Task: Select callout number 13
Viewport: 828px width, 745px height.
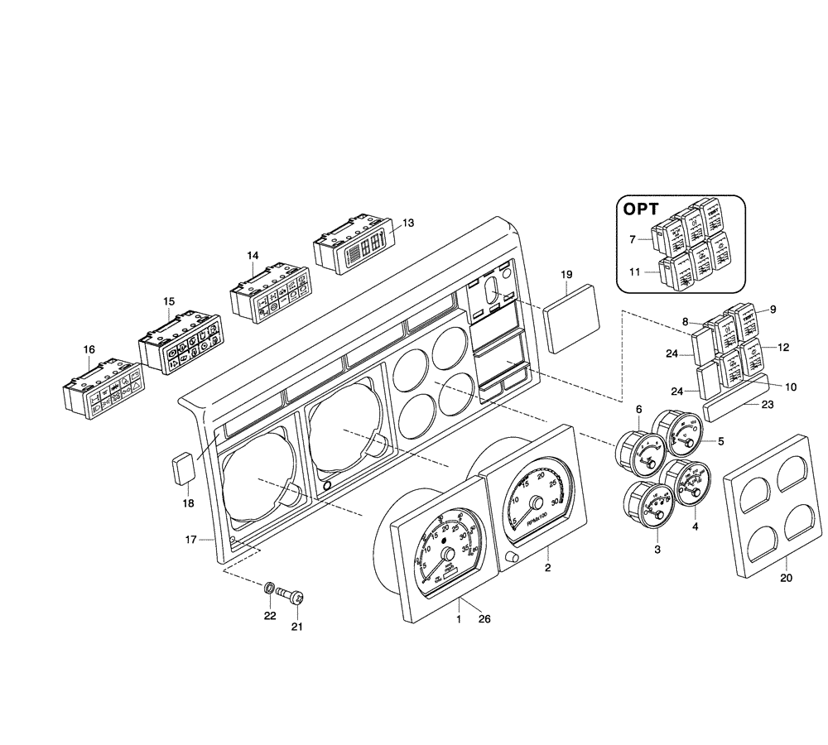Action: click(407, 223)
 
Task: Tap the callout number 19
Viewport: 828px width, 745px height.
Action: click(566, 274)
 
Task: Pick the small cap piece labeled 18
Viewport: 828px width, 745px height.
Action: click(183, 471)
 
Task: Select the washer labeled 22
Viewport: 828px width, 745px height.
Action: click(269, 589)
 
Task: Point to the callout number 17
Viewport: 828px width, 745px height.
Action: click(190, 540)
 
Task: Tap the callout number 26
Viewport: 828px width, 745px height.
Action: click(484, 619)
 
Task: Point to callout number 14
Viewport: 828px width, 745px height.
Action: click(253, 257)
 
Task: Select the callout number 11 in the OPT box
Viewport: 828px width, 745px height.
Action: click(633, 271)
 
